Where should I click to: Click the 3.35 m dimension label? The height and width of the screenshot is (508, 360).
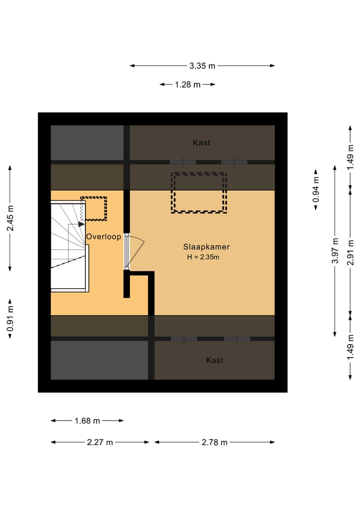[x=202, y=66]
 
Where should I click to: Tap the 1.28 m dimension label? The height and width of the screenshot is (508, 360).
[x=187, y=84]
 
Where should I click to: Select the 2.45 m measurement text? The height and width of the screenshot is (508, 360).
[x=10, y=218]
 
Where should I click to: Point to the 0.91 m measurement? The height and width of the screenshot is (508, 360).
[x=10, y=319]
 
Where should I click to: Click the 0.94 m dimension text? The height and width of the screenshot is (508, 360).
[x=316, y=189]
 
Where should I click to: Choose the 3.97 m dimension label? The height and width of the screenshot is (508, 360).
[x=335, y=251]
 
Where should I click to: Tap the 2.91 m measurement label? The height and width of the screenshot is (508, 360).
[x=350, y=253]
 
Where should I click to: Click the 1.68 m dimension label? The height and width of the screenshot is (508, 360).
[x=87, y=421]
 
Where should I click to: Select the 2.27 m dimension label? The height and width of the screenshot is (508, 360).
[x=100, y=442]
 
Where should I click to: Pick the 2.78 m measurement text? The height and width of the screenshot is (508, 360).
[x=214, y=442]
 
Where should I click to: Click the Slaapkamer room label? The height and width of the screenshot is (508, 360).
[x=206, y=247]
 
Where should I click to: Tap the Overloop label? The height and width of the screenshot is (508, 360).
[x=103, y=237]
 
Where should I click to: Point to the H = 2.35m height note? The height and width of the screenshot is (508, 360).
[x=203, y=257]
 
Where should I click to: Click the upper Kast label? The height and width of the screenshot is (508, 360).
[x=201, y=142]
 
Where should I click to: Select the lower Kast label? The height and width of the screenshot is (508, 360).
[x=214, y=360]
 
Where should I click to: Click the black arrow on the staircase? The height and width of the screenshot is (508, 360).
[x=81, y=224]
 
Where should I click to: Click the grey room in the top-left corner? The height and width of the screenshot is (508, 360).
[x=87, y=142]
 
